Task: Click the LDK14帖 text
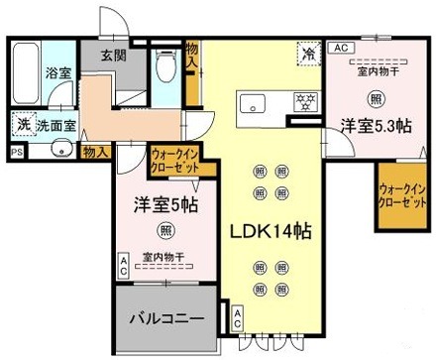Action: [x=272, y=231]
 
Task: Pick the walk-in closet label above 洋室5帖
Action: [x=174, y=161]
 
